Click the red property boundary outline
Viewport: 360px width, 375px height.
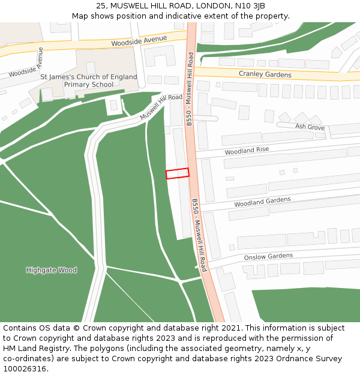click(x=177, y=173)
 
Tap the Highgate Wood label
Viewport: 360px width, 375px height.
click(x=52, y=270)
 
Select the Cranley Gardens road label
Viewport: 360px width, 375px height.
click(x=265, y=74)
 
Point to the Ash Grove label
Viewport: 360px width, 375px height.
click(x=310, y=127)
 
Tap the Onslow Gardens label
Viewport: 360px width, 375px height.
click(x=268, y=257)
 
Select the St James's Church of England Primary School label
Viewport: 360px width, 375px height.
click(x=89, y=81)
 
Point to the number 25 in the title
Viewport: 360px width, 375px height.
click(x=100, y=6)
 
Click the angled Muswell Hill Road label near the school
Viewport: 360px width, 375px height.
click(x=161, y=107)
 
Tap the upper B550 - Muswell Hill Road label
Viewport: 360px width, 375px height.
click(x=190, y=89)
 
